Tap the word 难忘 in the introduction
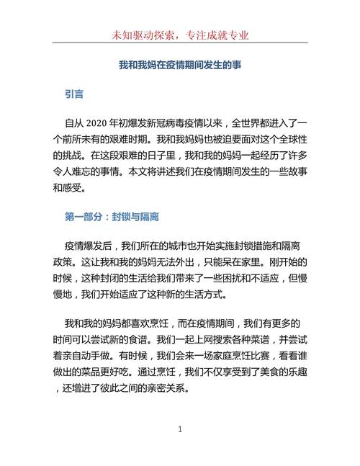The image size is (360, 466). click(x=77, y=173)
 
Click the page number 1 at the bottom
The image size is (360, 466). click(x=180, y=429)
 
